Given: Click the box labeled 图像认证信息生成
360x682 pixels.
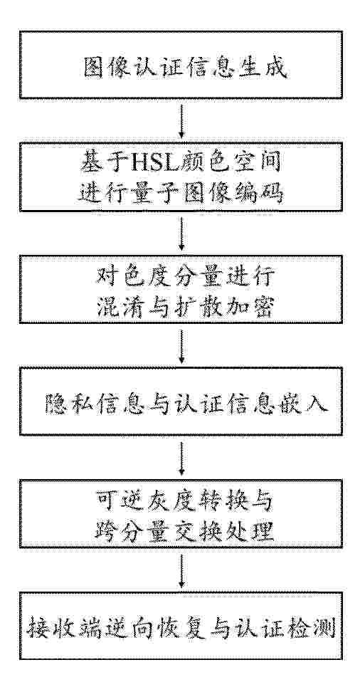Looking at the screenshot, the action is click(181, 64).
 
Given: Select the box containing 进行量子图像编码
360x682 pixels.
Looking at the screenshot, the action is click(181, 177).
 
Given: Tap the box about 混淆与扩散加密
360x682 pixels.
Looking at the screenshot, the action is click(181, 289).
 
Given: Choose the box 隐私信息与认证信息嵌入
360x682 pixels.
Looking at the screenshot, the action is click(181, 401).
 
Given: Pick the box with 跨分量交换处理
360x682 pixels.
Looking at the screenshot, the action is click(181, 514).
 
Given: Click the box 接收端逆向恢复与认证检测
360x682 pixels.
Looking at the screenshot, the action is click(181, 626).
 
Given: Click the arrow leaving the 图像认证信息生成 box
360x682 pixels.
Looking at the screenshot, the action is click(181, 120).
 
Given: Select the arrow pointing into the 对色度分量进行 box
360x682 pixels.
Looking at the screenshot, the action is click(181, 233).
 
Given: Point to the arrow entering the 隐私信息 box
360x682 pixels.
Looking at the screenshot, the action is click(181, 345).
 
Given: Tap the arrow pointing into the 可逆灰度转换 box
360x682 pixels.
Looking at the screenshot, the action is click(181, 457).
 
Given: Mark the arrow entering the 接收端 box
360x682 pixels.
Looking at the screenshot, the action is click(181, 570).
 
